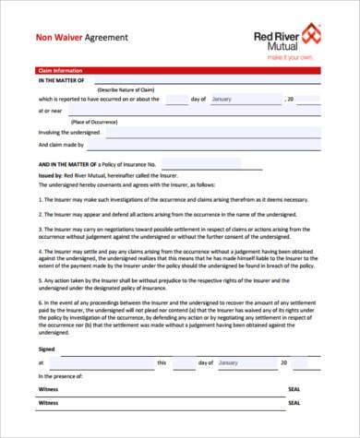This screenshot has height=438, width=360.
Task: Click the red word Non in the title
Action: click(43, 38)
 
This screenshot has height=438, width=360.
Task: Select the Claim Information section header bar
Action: click(179, 70)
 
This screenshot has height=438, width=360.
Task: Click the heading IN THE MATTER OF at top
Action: click(60, 81)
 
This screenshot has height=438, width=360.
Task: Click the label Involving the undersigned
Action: click(68, 132)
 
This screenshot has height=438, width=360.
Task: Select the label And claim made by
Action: click(61, 145)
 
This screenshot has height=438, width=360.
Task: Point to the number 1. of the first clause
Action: click(41, 199)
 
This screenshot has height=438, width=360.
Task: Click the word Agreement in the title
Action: click(106, 38)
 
